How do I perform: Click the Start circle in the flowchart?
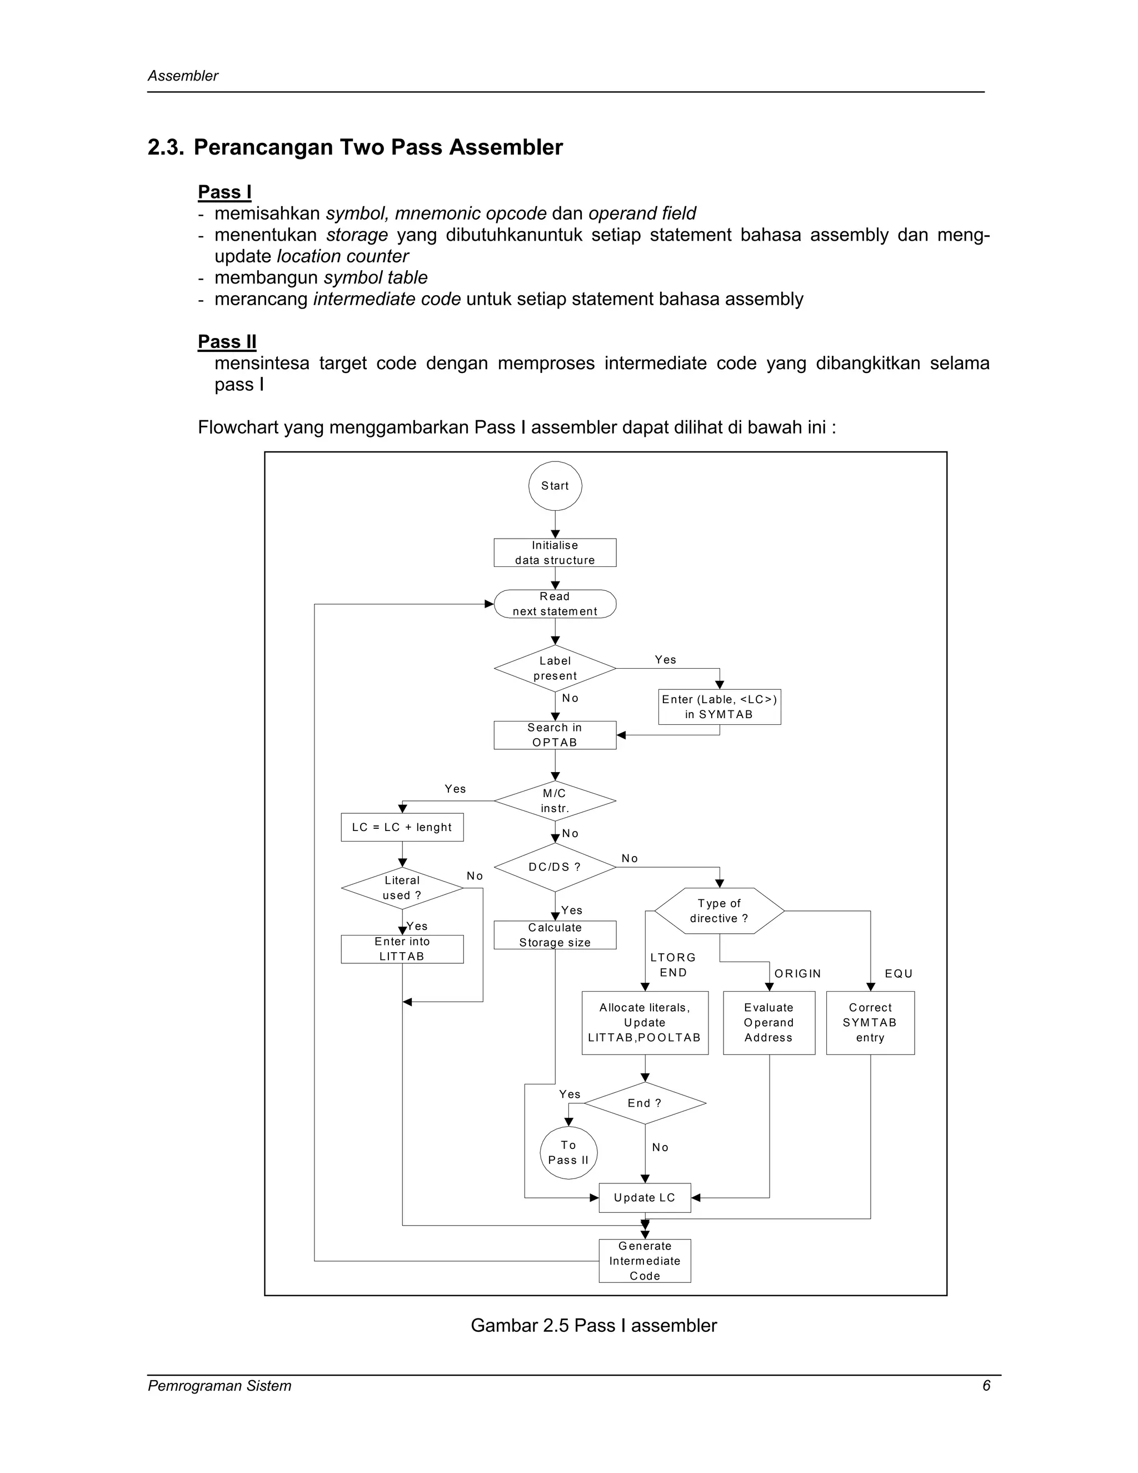coord(555,486)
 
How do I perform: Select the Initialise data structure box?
coord(555,553)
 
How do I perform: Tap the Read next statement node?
coord(555,604)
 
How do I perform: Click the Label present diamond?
coord(555,668)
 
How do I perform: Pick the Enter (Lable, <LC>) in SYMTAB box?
coord(720,707)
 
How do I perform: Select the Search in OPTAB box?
coord(555,735)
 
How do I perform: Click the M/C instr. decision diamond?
coord(555,800)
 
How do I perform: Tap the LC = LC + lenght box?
coord(402,828)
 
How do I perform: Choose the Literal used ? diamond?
coord(402,888)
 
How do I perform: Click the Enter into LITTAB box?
coord(402,949)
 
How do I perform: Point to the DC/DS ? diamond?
coord(555,867)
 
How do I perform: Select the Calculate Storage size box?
coord(555,935)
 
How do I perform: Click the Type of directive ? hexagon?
coord(720,910)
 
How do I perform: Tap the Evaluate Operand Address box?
coord(768,1022)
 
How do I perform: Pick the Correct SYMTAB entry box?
coord(870,1022)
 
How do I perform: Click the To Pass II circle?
coord(568,1153)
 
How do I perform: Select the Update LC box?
coord(645,1198)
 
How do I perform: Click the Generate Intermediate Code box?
coord(645,1261)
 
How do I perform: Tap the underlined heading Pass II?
coord(227,342)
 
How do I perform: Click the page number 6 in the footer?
coord(986,1386)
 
